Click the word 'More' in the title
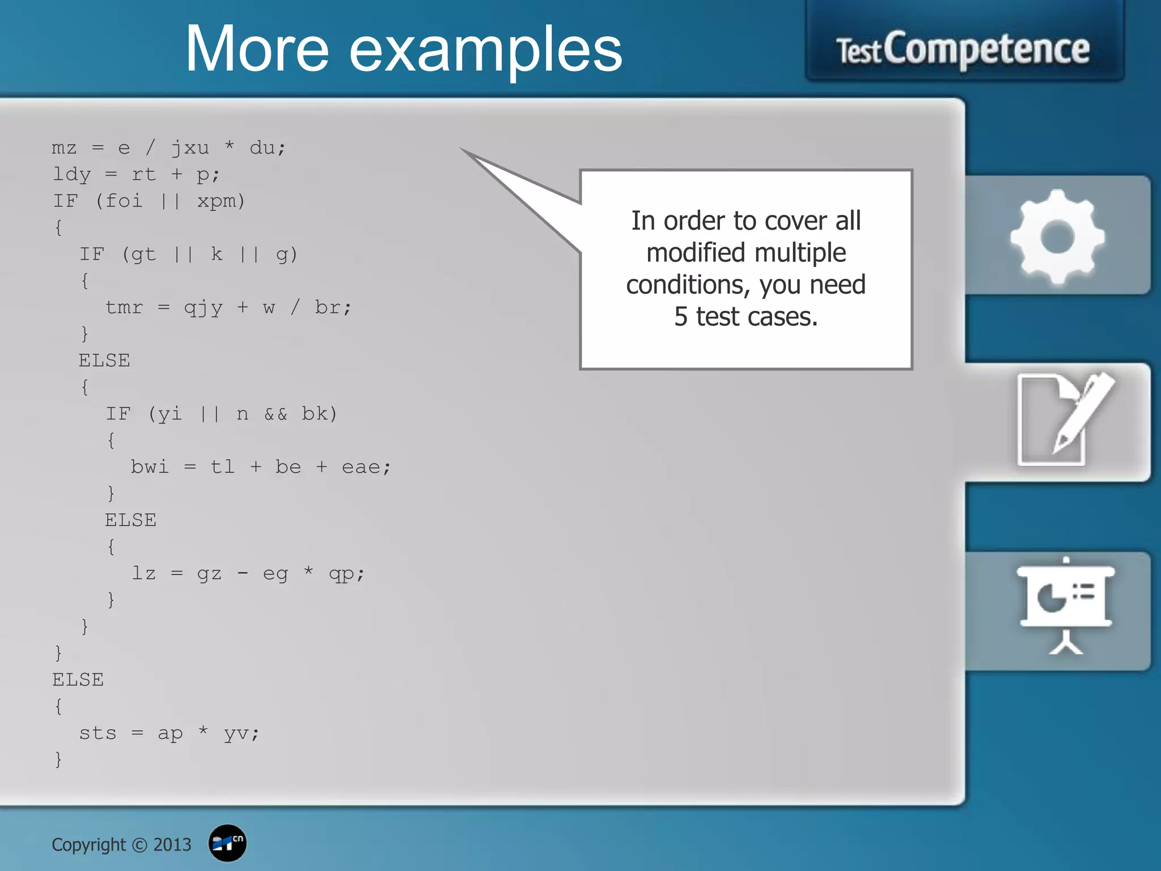256,50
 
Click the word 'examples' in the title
485,52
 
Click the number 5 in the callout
680,316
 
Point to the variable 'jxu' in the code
190,148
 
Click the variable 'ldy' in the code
71,175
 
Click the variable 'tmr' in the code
124,307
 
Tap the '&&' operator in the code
276,414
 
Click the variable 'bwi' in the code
150,467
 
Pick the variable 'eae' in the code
361,467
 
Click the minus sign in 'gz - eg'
242,573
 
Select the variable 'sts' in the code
98,733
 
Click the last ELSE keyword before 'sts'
78,680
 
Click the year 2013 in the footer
172,845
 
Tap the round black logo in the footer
227,843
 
